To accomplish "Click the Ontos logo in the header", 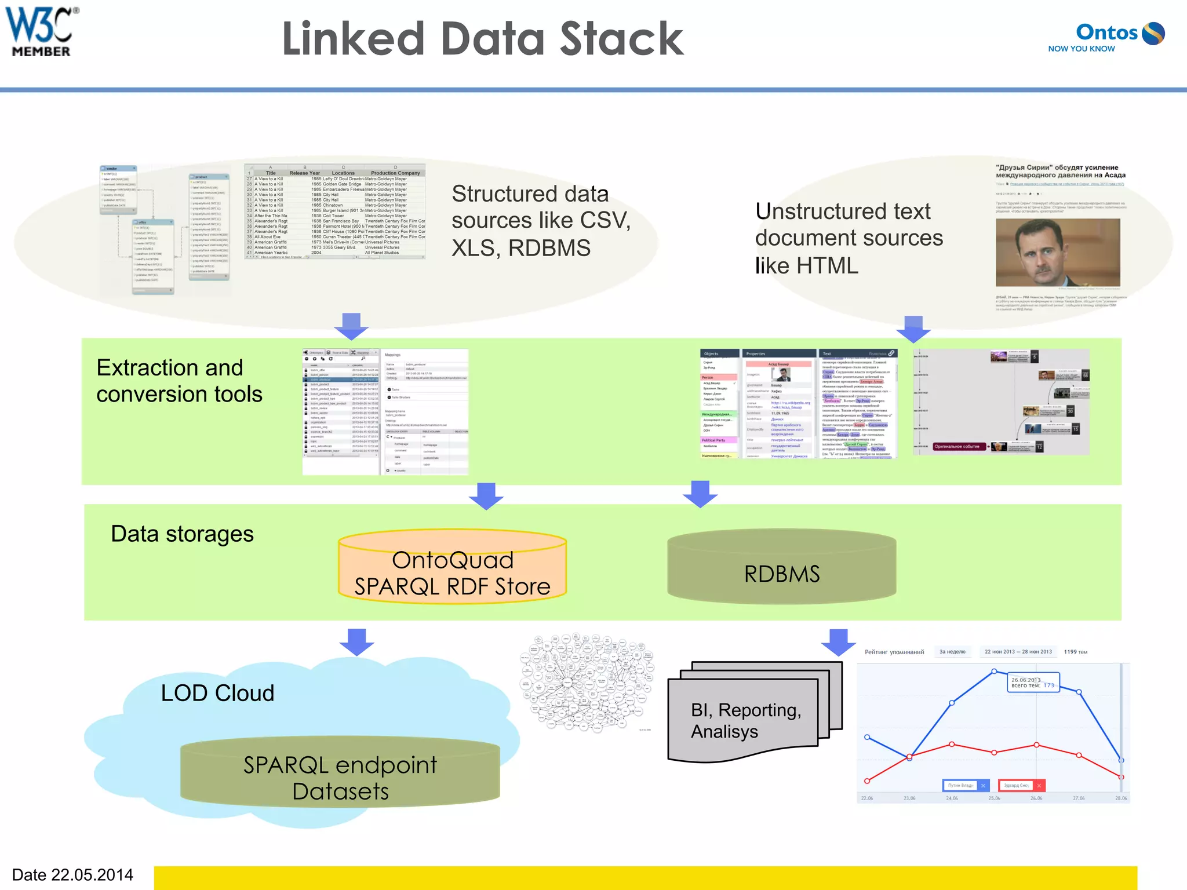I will click(1107, 36).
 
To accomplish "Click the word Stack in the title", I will click(621, 39).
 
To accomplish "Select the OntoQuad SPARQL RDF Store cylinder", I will click(452, 568).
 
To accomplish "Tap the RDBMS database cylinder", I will click(781, 568).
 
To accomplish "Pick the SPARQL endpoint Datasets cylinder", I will click(340, 774).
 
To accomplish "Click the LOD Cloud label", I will click(217, 693).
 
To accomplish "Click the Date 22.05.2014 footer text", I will click(72, 874).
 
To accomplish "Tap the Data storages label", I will click(182, 534).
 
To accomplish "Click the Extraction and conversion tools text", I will click(179, 381).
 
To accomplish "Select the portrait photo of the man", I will click(1057, 252).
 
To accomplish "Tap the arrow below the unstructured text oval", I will click(913, 329).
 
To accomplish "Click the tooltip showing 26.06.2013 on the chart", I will click(1033, 683).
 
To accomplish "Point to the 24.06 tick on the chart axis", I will click(952, 798).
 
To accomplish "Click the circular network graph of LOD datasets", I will click(587, 683).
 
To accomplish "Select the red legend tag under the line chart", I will click(1021, 785).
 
